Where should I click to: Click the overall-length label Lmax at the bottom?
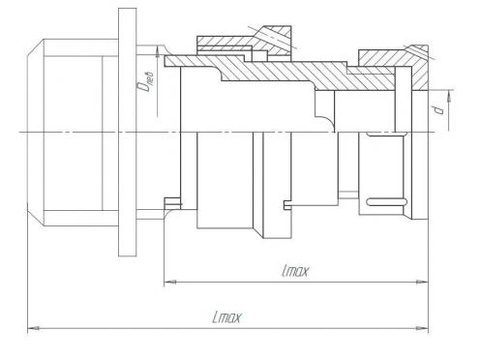pos(226,317)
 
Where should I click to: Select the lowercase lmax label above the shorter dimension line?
pos(295,271)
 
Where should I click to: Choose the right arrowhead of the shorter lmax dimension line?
pos(422,283)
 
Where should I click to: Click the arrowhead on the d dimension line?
pos(448,97)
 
